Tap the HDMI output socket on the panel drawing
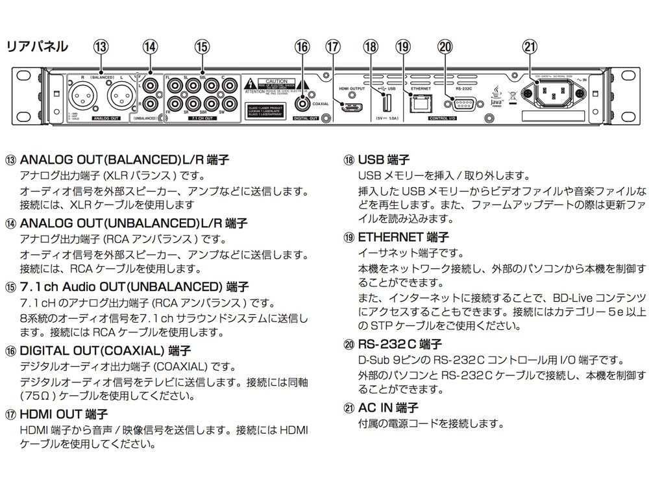coord(353,107)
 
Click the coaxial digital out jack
coord(302,101)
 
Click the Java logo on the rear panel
coord(498,95)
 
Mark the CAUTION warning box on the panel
coord(269,87)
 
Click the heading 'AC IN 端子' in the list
coord(382,408)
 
